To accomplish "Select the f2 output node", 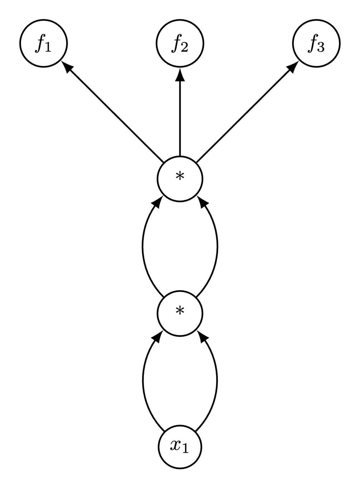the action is [x=180, y=44].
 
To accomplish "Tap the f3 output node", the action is [x=316, y=44].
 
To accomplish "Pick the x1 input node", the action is [x=180, y=446].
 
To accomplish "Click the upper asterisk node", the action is [x=180, y=178].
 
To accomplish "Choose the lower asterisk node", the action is [x=180, y=312].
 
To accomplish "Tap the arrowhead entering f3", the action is [x=293, y=66].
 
